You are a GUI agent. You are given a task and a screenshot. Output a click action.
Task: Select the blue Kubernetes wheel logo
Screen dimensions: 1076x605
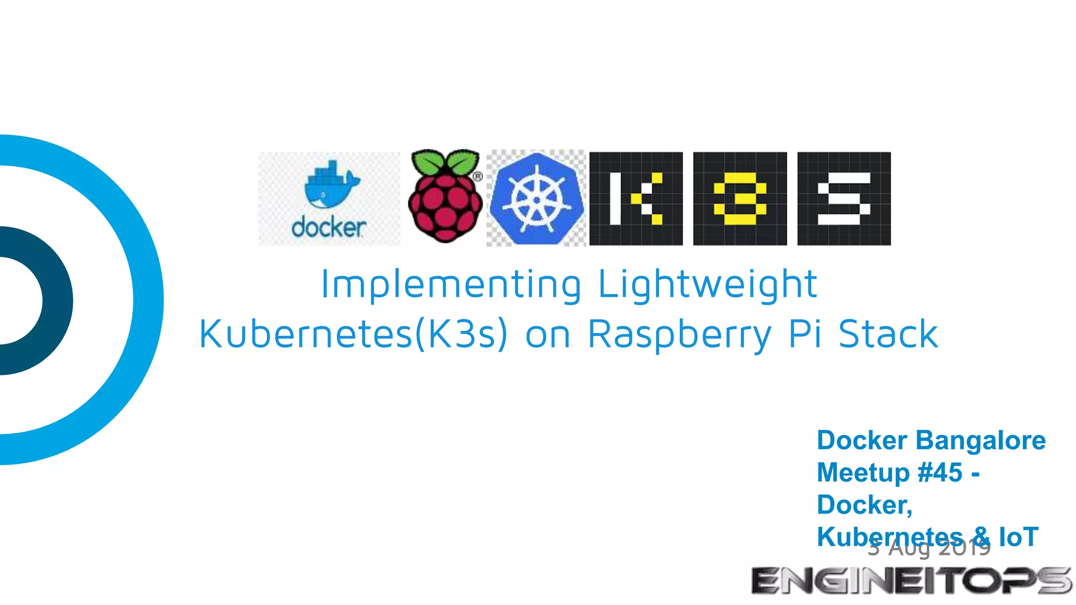click(536, 199)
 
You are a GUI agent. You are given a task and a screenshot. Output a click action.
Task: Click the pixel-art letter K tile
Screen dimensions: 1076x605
click(636, 199)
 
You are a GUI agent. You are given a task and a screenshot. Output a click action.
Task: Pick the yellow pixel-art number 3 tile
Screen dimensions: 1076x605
click(740, 199)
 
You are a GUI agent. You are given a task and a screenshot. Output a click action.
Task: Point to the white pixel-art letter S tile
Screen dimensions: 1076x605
click(844, 199)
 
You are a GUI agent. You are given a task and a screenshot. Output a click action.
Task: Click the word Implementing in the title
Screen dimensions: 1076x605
click(451, 285)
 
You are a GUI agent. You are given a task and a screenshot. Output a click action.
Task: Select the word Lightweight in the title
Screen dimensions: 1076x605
click(707, 285)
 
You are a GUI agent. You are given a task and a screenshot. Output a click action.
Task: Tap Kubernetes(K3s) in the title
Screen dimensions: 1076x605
click(353, 334)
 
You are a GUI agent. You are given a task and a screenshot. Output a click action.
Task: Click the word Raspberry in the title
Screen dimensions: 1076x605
click(679, 334)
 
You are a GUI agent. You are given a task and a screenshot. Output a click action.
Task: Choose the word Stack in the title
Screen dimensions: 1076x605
click(888, 334)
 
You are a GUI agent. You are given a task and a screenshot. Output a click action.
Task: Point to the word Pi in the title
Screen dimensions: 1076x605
click(805, 334)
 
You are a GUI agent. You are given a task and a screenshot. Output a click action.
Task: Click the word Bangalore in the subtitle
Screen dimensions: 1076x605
click(980, 440)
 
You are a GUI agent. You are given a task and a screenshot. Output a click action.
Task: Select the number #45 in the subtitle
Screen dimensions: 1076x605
click(940, 472)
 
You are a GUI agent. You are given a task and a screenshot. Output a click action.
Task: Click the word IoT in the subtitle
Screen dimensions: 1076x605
click(1018, 537)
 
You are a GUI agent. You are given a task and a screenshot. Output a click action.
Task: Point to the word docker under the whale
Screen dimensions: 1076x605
click(329, 228)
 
